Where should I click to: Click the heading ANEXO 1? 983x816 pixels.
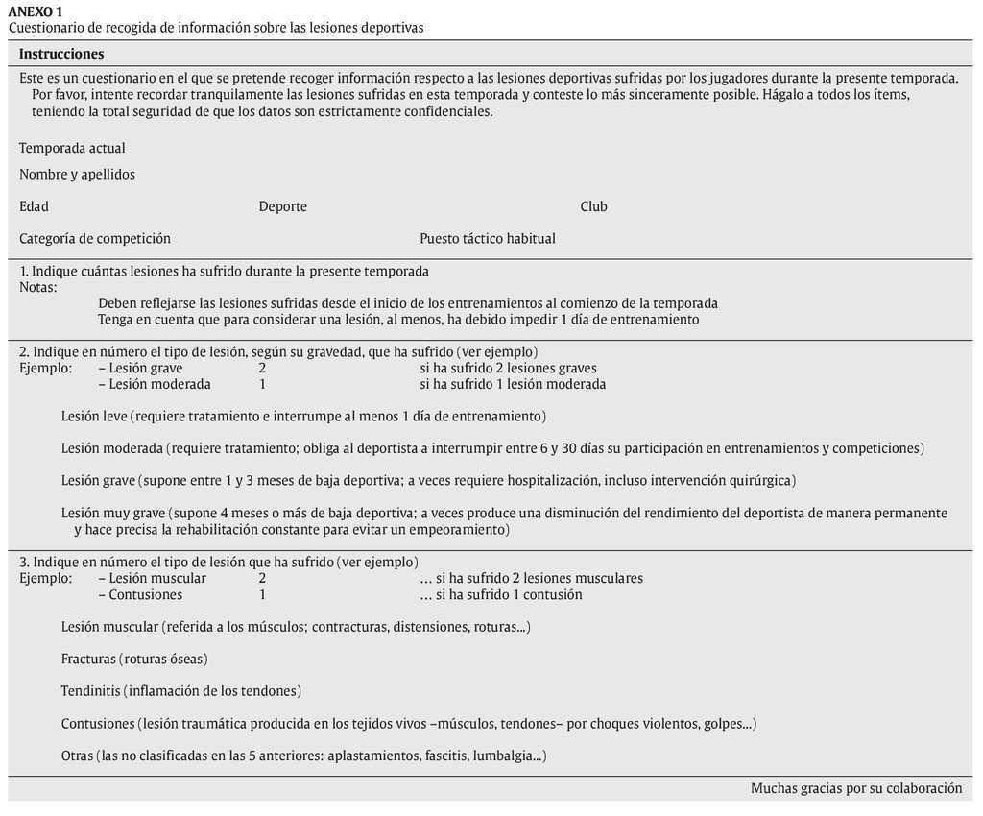coord(36,11)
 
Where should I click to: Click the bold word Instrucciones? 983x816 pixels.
coord(61,54)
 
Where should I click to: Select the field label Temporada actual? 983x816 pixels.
coord(72,148)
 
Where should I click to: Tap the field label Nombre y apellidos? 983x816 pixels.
coord(77,174)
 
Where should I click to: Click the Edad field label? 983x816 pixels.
coord(34,206)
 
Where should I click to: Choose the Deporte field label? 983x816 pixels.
coord(282,206)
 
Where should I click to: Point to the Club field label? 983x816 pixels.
coord(593,206)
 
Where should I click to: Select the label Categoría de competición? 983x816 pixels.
coord(95,238)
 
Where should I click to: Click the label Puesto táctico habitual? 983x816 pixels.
coord(487,238)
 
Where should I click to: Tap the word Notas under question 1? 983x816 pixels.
coord(37,287)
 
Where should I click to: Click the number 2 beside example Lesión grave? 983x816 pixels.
coord(262,368)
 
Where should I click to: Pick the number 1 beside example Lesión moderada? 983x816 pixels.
coord(262,384)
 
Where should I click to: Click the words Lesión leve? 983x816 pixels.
coord(94,416)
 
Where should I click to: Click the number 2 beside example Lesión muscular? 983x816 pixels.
coord(262,578)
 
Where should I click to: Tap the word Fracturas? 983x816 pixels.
coord(88,659)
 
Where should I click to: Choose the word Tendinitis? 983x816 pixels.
coord(90,690)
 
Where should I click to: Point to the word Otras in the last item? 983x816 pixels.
coord(77,756)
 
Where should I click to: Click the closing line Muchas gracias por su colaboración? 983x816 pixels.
coord(856,788)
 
